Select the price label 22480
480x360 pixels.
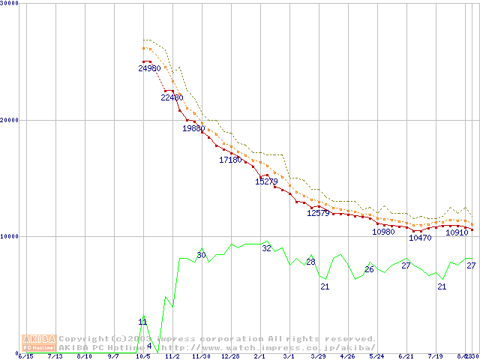coord(172,97)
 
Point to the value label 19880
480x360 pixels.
coord(193,128)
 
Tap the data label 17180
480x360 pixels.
coord(230,160)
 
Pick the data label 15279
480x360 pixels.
coord(267,181)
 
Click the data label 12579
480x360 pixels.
coord(319,213)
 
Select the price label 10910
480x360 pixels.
coord(457,232)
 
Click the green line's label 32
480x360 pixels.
coord(266,248)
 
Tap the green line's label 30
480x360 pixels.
coord(201,255)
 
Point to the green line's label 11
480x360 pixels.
coord(142,322)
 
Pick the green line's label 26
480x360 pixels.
coord(369,269)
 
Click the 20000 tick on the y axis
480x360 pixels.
coord(10,120)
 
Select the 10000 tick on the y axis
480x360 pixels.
coord(10,236)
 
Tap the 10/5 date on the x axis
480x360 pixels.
coord(142,357)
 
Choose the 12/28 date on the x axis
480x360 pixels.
coord(230,357)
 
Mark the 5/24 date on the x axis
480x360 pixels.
coord(376,357)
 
